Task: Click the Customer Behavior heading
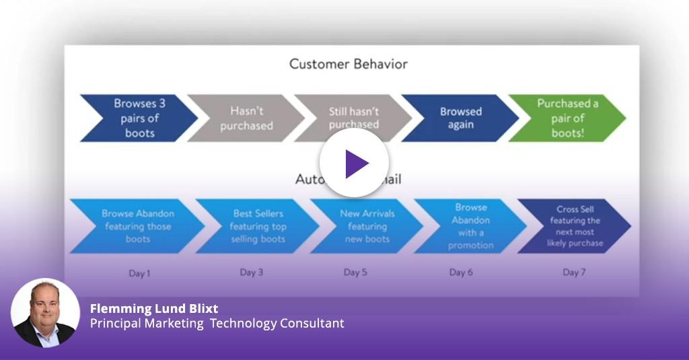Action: click(348, 65)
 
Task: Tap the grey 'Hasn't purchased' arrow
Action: click(246, 118)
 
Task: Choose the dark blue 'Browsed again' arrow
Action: click(460, 118)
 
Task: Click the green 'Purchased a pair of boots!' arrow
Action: click(567, 118)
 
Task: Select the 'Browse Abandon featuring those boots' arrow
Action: click(137, 226)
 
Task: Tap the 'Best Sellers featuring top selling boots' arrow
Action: click(257, 226)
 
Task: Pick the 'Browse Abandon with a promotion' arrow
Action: click(470, 226)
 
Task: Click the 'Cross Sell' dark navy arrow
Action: click(577, 226)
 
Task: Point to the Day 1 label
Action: click(139, 273)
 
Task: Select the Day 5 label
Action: click(355, 273)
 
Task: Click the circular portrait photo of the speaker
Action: click(45, 313)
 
